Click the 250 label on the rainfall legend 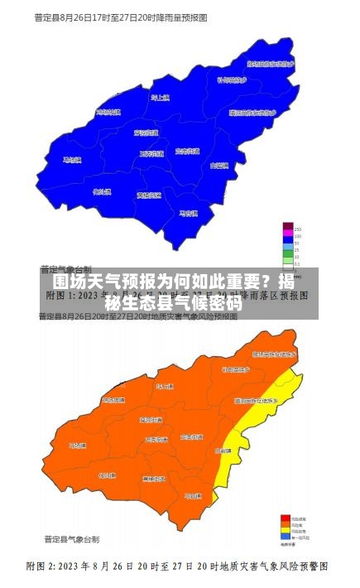tap(297, 228)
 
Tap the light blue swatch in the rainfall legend tap(287, 247)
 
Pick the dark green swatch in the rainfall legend tap(287, 253)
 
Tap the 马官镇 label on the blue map tap(190, 213)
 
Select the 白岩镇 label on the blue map tap(220, 166)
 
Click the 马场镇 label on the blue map tap(73, 161)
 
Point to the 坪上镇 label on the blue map tap(159, 99)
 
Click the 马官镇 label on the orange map tap(193, 495)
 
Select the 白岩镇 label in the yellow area tap(223, 451)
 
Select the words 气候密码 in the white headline tap(206, 301)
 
